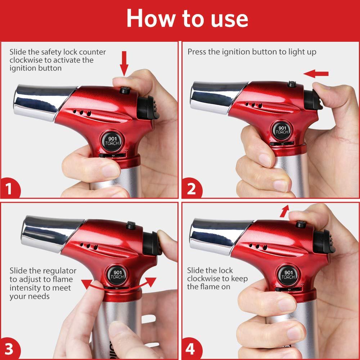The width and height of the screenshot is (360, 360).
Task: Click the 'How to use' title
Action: pyautogui.click(x=187, y=18)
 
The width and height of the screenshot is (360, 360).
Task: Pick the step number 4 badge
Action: pyautogui.click(x=190, y=350)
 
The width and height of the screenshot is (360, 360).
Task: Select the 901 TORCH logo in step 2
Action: pyautogui.click(x=282, y=130)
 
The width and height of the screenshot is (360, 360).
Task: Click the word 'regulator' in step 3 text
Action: pyautogui.click(x=59, y=271)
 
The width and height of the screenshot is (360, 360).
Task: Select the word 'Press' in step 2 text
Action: pyautogui.click(x=197, y=52)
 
